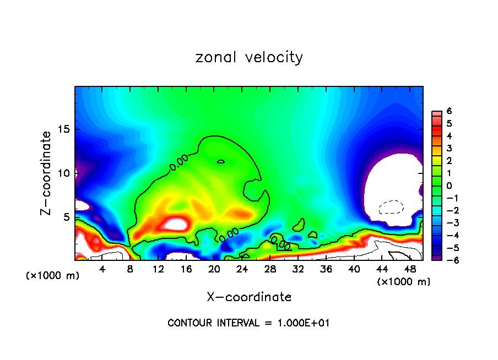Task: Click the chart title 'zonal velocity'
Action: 249,57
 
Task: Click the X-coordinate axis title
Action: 249,297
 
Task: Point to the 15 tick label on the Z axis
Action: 64,129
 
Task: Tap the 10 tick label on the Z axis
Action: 64,173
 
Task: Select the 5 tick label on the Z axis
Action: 67,217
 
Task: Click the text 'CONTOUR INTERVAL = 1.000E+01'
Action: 248,323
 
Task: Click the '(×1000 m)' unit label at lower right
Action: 404,282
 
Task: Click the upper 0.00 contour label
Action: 178,162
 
